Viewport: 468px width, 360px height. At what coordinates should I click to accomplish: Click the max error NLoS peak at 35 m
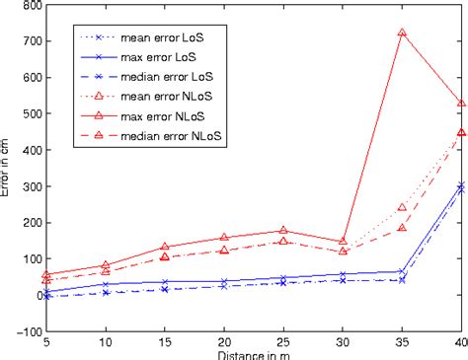tap(402, 33)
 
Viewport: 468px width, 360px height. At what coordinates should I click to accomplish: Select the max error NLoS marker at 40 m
tap(461, 104)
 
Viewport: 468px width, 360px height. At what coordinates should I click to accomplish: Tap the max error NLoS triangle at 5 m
tap(47, 275)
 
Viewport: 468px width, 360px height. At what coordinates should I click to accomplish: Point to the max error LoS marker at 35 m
tap(402, 271)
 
